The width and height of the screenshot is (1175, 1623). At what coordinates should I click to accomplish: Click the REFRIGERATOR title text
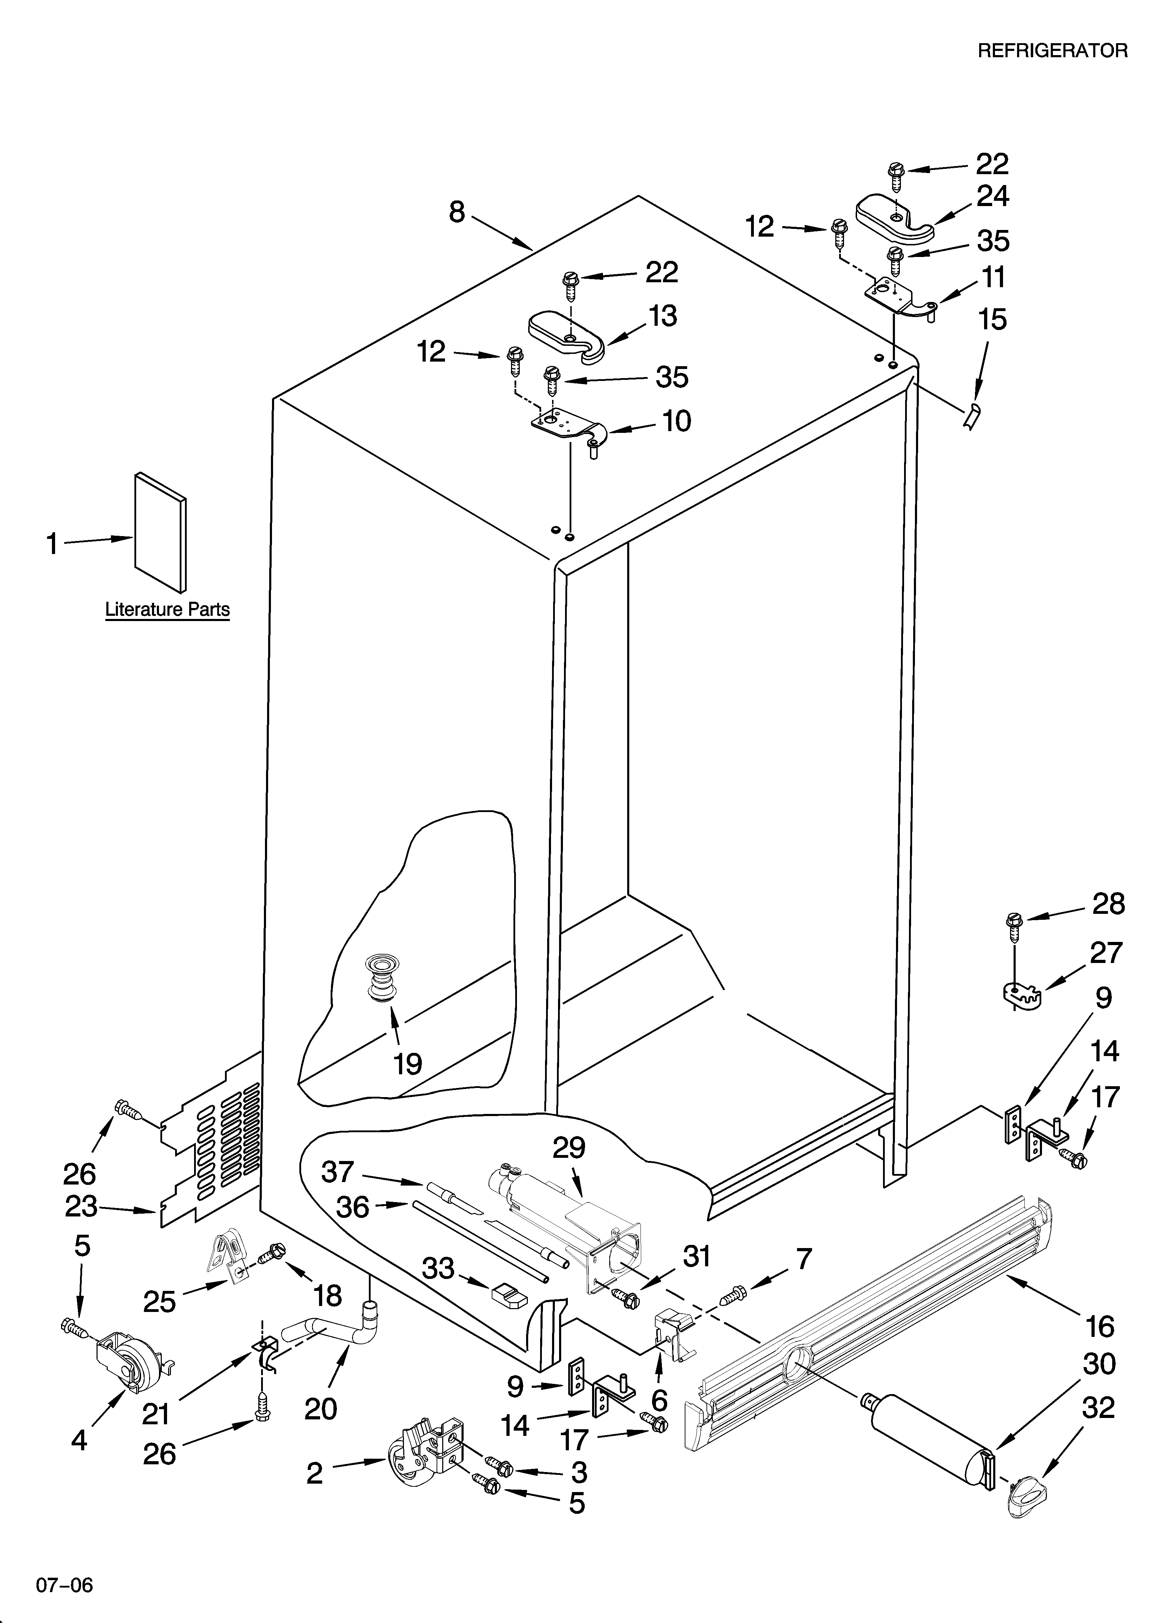[1052, 51]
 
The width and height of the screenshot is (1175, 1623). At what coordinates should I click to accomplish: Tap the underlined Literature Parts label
[167, 610]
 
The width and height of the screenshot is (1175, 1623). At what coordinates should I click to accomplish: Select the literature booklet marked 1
[160, 529]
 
